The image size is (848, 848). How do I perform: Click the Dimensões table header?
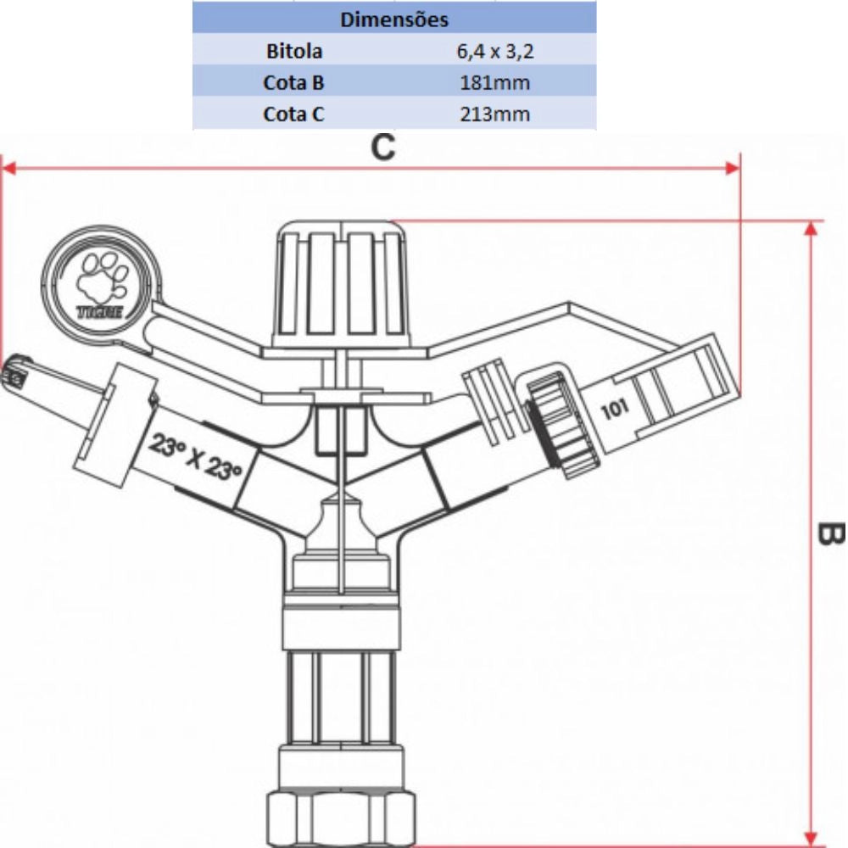pyautogui.click(x=394, y=19)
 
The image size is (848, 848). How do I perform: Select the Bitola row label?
pyautogui.click(x=293, y=51)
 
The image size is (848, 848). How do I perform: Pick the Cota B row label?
pyautogui.click(x=293, y=82)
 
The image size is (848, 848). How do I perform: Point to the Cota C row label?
pyautogui.click(x=293, y=114)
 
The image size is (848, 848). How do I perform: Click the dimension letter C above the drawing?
pyautogui.click(x=383, y=148)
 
